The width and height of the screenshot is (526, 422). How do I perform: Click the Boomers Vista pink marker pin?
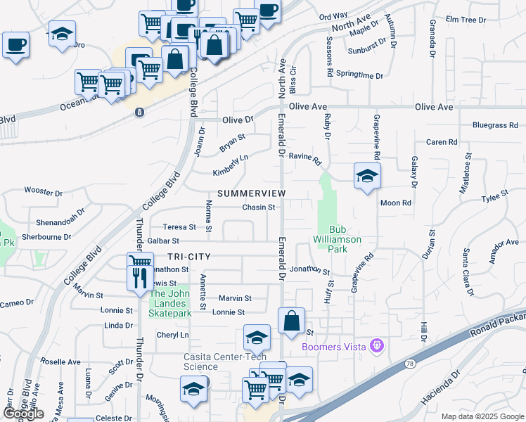(377, 346)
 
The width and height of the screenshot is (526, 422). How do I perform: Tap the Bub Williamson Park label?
(345, 239)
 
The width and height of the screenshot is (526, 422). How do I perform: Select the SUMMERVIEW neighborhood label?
(251, 193)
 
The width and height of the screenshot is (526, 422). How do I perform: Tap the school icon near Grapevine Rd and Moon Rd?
(366, 176)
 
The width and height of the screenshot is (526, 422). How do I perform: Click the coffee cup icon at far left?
(15, 45)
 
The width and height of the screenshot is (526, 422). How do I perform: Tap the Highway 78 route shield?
(410, 362)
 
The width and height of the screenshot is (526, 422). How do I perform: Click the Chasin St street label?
(258, 207)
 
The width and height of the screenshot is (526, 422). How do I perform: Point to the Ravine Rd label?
(304, 157)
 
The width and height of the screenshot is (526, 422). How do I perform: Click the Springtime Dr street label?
(359, 75)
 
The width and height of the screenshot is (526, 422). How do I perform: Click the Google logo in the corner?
(24, 414)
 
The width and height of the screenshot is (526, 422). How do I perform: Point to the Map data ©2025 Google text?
(482, 416)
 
